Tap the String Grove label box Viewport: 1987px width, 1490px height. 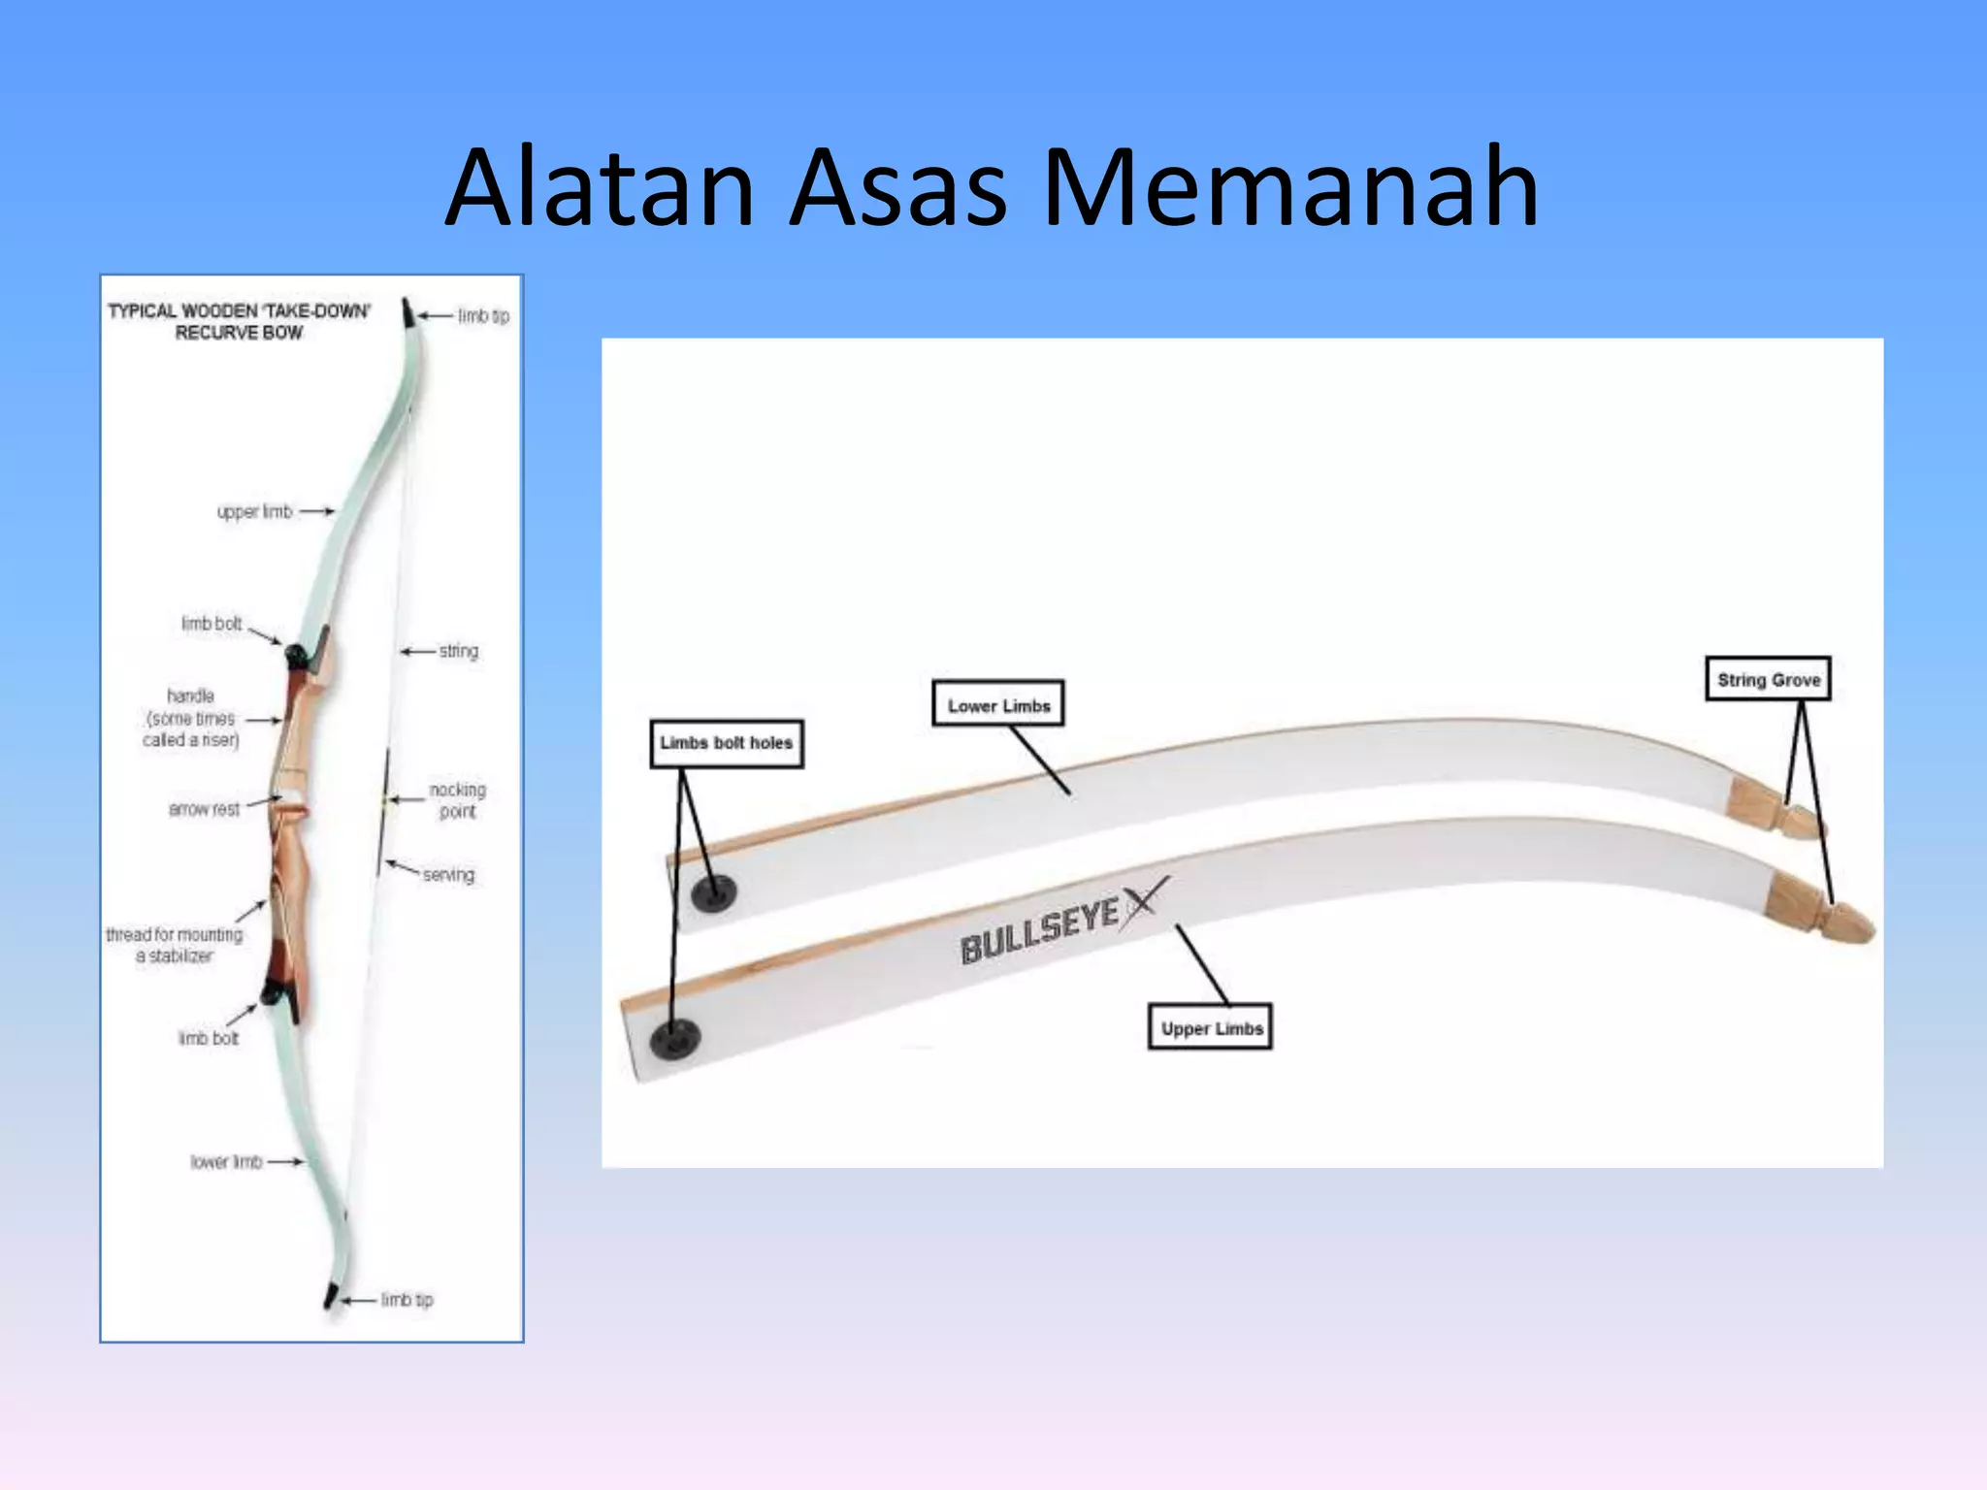point(1768,679)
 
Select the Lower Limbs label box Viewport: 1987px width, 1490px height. point(998,705)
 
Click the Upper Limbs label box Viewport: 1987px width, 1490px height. point(1210,1028)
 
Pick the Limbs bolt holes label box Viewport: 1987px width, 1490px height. point(727,743)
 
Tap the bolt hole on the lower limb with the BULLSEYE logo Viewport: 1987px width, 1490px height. point(674,1039)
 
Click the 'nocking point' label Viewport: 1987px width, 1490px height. point(457,800)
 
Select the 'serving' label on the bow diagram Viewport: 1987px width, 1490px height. point(448,875)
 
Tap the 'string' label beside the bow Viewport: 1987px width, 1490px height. point(458,651)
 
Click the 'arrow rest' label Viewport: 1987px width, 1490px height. point(204,809)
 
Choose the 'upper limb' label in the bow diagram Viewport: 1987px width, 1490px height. point(254,511)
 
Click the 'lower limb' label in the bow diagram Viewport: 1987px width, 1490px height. point(226,1161)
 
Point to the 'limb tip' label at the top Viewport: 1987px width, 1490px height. point(483,316)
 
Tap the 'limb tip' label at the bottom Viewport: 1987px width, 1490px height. point(407,1299)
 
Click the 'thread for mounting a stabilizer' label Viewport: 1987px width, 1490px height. point(175,945)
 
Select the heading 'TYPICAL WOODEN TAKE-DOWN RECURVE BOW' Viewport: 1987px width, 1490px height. point(239,321)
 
